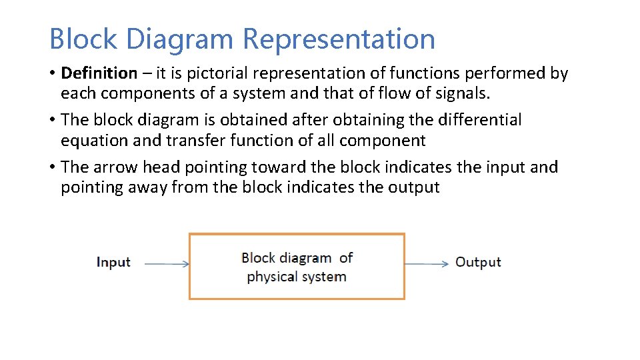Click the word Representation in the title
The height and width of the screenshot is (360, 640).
pyautogui.click(x=339, y=39)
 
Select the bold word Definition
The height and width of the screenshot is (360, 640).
pyautogui.click(x=99, y=73)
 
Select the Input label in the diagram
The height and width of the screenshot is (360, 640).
pyautogui.click(x=113, y=262)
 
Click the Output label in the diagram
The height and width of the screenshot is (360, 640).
pyautogui.click(x=477, y=262)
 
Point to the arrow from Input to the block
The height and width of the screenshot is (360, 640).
pyautogui.click(x=167, y=264)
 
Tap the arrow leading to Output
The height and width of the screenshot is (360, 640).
pyautogui.click(x=427, y=264)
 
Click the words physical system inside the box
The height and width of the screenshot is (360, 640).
pyautogui.click(x=296, y=276)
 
